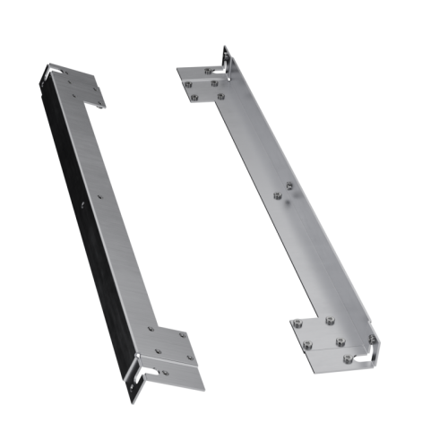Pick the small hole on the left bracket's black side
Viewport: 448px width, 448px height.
pos(82,205)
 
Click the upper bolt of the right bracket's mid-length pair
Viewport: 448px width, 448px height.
pos(288,187)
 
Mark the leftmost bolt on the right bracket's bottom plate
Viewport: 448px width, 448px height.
pos(297,323)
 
